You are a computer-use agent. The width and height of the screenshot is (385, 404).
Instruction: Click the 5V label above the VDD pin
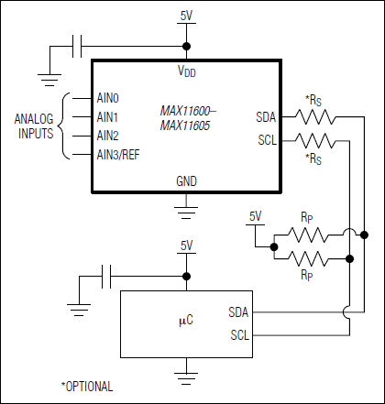point(186,16)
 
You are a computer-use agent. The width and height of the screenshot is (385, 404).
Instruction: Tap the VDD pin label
point(186,71)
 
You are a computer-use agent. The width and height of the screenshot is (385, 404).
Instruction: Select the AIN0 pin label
point(108,96)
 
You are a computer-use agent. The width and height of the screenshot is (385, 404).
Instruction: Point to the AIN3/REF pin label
point(120,153)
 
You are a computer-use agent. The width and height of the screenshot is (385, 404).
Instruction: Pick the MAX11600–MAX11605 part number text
point(184,116)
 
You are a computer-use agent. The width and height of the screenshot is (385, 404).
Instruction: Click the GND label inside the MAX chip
point(186,181)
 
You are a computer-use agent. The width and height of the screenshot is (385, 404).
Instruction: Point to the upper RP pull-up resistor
point(308,233)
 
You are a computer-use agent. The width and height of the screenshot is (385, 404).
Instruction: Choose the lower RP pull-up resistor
point(308,258)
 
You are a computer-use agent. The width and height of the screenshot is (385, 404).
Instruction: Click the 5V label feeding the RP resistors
point(256,216)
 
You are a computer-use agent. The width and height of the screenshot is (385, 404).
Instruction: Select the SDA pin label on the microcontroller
point(238,312)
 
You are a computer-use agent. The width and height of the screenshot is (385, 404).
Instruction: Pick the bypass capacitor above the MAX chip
point(77,45)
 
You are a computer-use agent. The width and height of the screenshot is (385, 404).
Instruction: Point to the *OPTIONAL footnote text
point(86,386)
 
